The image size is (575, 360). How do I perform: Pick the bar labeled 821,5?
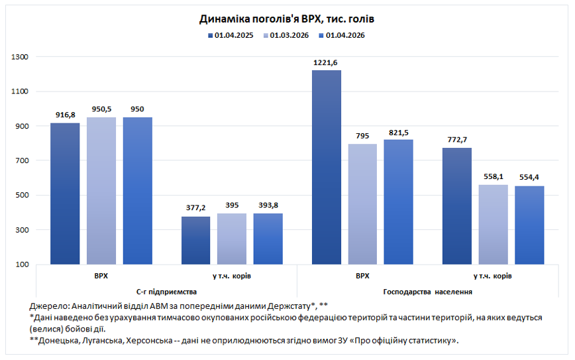click(x=398, y=202)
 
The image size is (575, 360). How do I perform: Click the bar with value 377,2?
click(x=195, y=240)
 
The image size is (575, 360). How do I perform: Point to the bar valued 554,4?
click(x=529, y=225)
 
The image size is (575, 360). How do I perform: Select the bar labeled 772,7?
click(x=457, y=206)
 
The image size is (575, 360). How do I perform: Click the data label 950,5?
click(x=101, y=109)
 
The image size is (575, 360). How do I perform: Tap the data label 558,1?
click(x=493, y=177)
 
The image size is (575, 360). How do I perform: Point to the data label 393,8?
click(x=268, y=206)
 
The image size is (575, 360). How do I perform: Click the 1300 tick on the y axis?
click(x=21, y=57)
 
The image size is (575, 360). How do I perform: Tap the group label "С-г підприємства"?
click(x=167, y=292)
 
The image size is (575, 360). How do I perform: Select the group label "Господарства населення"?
click(x=427, y=292)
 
